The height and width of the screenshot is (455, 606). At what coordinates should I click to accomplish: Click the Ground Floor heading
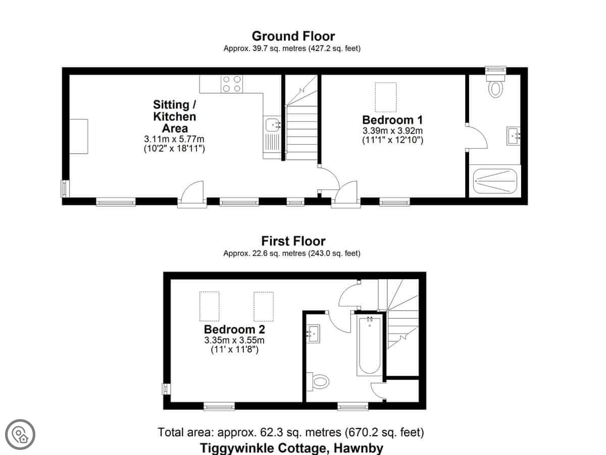[293, 36]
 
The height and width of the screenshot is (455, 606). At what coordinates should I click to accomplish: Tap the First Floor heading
[293, 241]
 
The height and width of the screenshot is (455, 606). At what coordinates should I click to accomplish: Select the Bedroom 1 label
[392, 120]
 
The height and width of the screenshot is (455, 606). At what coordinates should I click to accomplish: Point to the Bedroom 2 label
[234, 329]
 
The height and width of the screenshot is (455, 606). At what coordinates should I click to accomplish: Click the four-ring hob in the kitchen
[232, 84]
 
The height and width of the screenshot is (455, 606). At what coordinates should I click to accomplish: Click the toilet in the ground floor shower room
[495, 85]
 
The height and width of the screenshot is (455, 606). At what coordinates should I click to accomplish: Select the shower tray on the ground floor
[495, 181]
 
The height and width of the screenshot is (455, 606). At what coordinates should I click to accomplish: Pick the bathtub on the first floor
[369, 346]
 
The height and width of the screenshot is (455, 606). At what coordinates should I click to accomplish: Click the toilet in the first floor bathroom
[318, 382]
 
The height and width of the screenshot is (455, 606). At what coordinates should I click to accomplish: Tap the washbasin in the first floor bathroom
[313, 334]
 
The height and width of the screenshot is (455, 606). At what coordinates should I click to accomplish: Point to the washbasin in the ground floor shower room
[514, 136]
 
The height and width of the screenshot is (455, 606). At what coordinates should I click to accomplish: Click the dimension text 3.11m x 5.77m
[174, 139]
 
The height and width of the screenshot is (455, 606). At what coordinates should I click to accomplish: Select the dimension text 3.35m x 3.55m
[234, 340]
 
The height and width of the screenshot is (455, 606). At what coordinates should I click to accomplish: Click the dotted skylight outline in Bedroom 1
[386, 97]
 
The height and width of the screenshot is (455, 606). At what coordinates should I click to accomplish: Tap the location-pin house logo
[20, 434]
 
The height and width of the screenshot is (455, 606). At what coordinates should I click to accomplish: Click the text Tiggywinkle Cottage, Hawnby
[291, 448]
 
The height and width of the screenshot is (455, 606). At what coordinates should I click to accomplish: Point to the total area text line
[291, 432]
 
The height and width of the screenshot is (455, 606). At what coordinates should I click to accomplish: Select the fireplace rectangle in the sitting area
[79, 136]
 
